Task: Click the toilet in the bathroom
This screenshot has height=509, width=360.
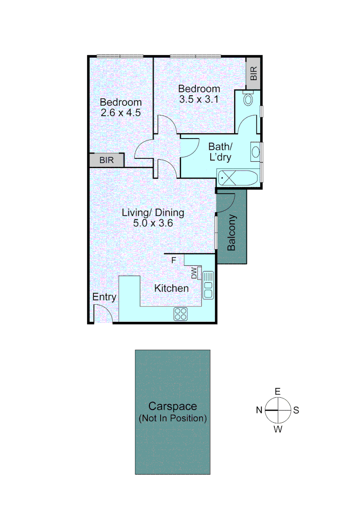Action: pyautogui.click(x=248, y=99)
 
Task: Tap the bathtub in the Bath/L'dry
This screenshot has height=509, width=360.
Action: pyautogui.click(x=237, y=179)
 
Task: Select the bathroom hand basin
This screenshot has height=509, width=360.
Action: pyautogui.click(x=255, y=152)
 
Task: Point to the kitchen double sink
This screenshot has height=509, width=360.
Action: pyautogui.click(x=208, y=285)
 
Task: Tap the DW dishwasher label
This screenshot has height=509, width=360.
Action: pyautogui.click(x=194, y=273)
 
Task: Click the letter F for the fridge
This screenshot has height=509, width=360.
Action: pyautogui.click(x=173, y=260)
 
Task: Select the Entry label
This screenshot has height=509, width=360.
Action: pyautogui.click(x=104, y=297)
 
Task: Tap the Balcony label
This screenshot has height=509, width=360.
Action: pyautogui.click(x=231, y=233)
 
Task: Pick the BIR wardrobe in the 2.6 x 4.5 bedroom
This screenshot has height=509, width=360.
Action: pyautogui.click(x=106, y=160)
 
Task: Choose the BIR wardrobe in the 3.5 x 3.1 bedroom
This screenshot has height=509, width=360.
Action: pyautogui.click(x=254, y=73)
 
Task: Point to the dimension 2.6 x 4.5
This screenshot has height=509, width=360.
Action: pyautogui.click(x=121, y=113)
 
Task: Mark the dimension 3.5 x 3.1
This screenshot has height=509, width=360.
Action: pyautogui.click(x=199, y=99)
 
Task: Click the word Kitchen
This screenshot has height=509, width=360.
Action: pyautogui.click(x=172, y=288)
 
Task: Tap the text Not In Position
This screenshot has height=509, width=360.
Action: pyautogui.click(x=172, y=418)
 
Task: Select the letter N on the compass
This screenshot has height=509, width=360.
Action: pyautogui.click(x=259, y=410)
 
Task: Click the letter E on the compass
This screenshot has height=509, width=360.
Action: pyautogui.click(x=278, y=392)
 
